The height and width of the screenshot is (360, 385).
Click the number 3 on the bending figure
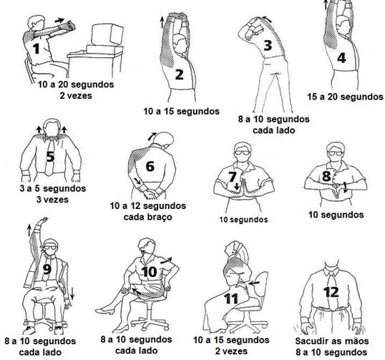(x=267, y=46)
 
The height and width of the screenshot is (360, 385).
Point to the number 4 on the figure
(x=341, y=58)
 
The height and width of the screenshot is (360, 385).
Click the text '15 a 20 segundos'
(x=340, y=97)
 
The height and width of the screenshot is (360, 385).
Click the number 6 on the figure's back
(x=150, y=166)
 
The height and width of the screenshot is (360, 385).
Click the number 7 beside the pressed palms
(x=232, y=176)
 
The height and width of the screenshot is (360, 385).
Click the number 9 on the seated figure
(x=47, y=269)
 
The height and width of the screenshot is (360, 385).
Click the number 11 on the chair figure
(x=230, y=298)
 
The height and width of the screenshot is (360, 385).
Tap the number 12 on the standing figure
(x=332, y=291)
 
